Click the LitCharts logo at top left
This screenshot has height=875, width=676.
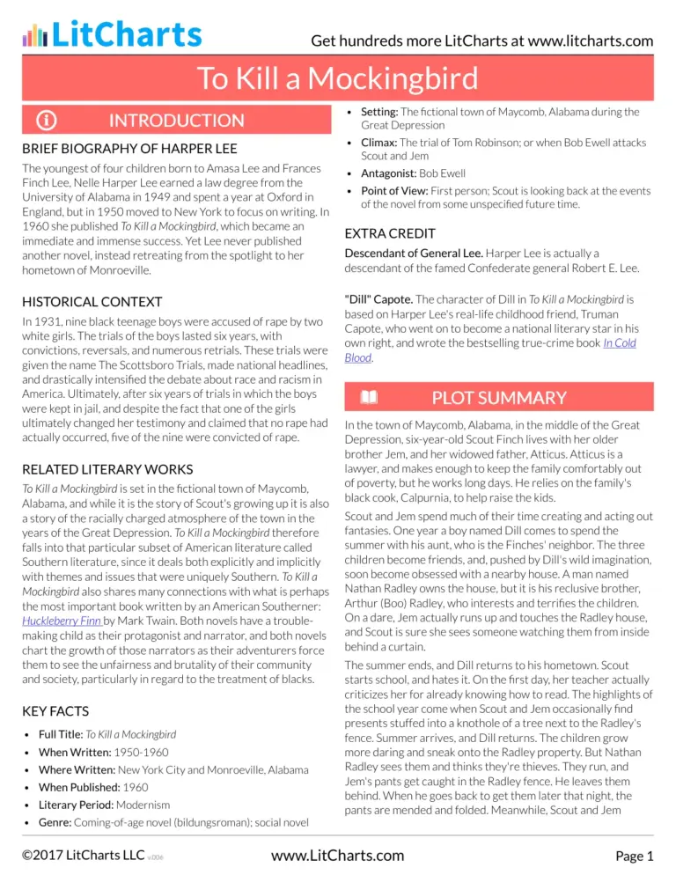112,34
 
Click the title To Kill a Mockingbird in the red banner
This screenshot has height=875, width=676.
338,78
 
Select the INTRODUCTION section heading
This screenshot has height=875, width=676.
176,121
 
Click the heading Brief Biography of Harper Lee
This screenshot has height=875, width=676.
129,148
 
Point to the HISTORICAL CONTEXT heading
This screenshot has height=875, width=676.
92,302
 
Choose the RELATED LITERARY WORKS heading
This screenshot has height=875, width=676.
107,469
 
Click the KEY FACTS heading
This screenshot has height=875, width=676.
57,710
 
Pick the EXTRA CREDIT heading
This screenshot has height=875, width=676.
389,234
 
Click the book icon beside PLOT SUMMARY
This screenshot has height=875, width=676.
369,398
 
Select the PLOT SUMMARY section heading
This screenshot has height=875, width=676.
499,398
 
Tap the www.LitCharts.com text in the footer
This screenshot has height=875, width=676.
338,855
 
